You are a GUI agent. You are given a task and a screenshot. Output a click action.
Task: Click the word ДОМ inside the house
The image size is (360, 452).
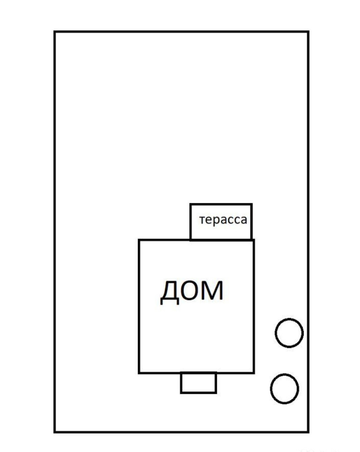pos(192,291)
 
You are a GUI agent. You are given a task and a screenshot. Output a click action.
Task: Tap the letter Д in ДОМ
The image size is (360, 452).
pos(170,292)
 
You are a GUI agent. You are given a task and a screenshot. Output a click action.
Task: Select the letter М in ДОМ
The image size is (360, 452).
pos(212,291)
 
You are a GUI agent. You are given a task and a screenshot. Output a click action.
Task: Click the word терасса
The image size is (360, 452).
pos(223,220)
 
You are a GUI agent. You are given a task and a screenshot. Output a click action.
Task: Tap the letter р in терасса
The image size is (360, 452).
pos(218,221)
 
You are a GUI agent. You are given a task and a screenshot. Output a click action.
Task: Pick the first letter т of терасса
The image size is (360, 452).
pos(202,220)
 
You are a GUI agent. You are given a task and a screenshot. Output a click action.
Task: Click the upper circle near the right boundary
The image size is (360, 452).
pos(289,333)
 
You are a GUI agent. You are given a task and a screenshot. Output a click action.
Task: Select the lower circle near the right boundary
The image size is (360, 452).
pos(284,389)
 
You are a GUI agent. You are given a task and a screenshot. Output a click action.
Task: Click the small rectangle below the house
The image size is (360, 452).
pos(198,383)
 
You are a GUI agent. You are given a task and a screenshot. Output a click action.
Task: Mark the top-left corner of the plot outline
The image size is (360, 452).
pos(55,32)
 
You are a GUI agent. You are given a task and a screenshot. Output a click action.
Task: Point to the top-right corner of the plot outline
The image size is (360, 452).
pos(308,32)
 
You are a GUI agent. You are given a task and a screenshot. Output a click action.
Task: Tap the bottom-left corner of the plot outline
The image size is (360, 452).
pos(55,432)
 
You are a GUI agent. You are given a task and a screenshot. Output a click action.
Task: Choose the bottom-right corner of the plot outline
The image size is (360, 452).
pos(308,432)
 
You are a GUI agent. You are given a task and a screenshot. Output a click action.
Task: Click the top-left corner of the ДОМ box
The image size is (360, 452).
pos(139,240)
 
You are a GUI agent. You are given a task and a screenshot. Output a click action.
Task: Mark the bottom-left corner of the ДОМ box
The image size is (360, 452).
pos(139,373)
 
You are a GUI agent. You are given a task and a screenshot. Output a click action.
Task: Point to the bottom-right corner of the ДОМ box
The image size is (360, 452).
pos(254,373)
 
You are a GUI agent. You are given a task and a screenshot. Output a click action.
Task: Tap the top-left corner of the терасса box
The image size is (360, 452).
pos(190,204)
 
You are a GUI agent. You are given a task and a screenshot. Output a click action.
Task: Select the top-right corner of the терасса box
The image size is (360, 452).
pos(252,204)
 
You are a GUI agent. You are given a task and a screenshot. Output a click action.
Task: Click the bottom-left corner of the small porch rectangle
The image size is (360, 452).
pos(181,393)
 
